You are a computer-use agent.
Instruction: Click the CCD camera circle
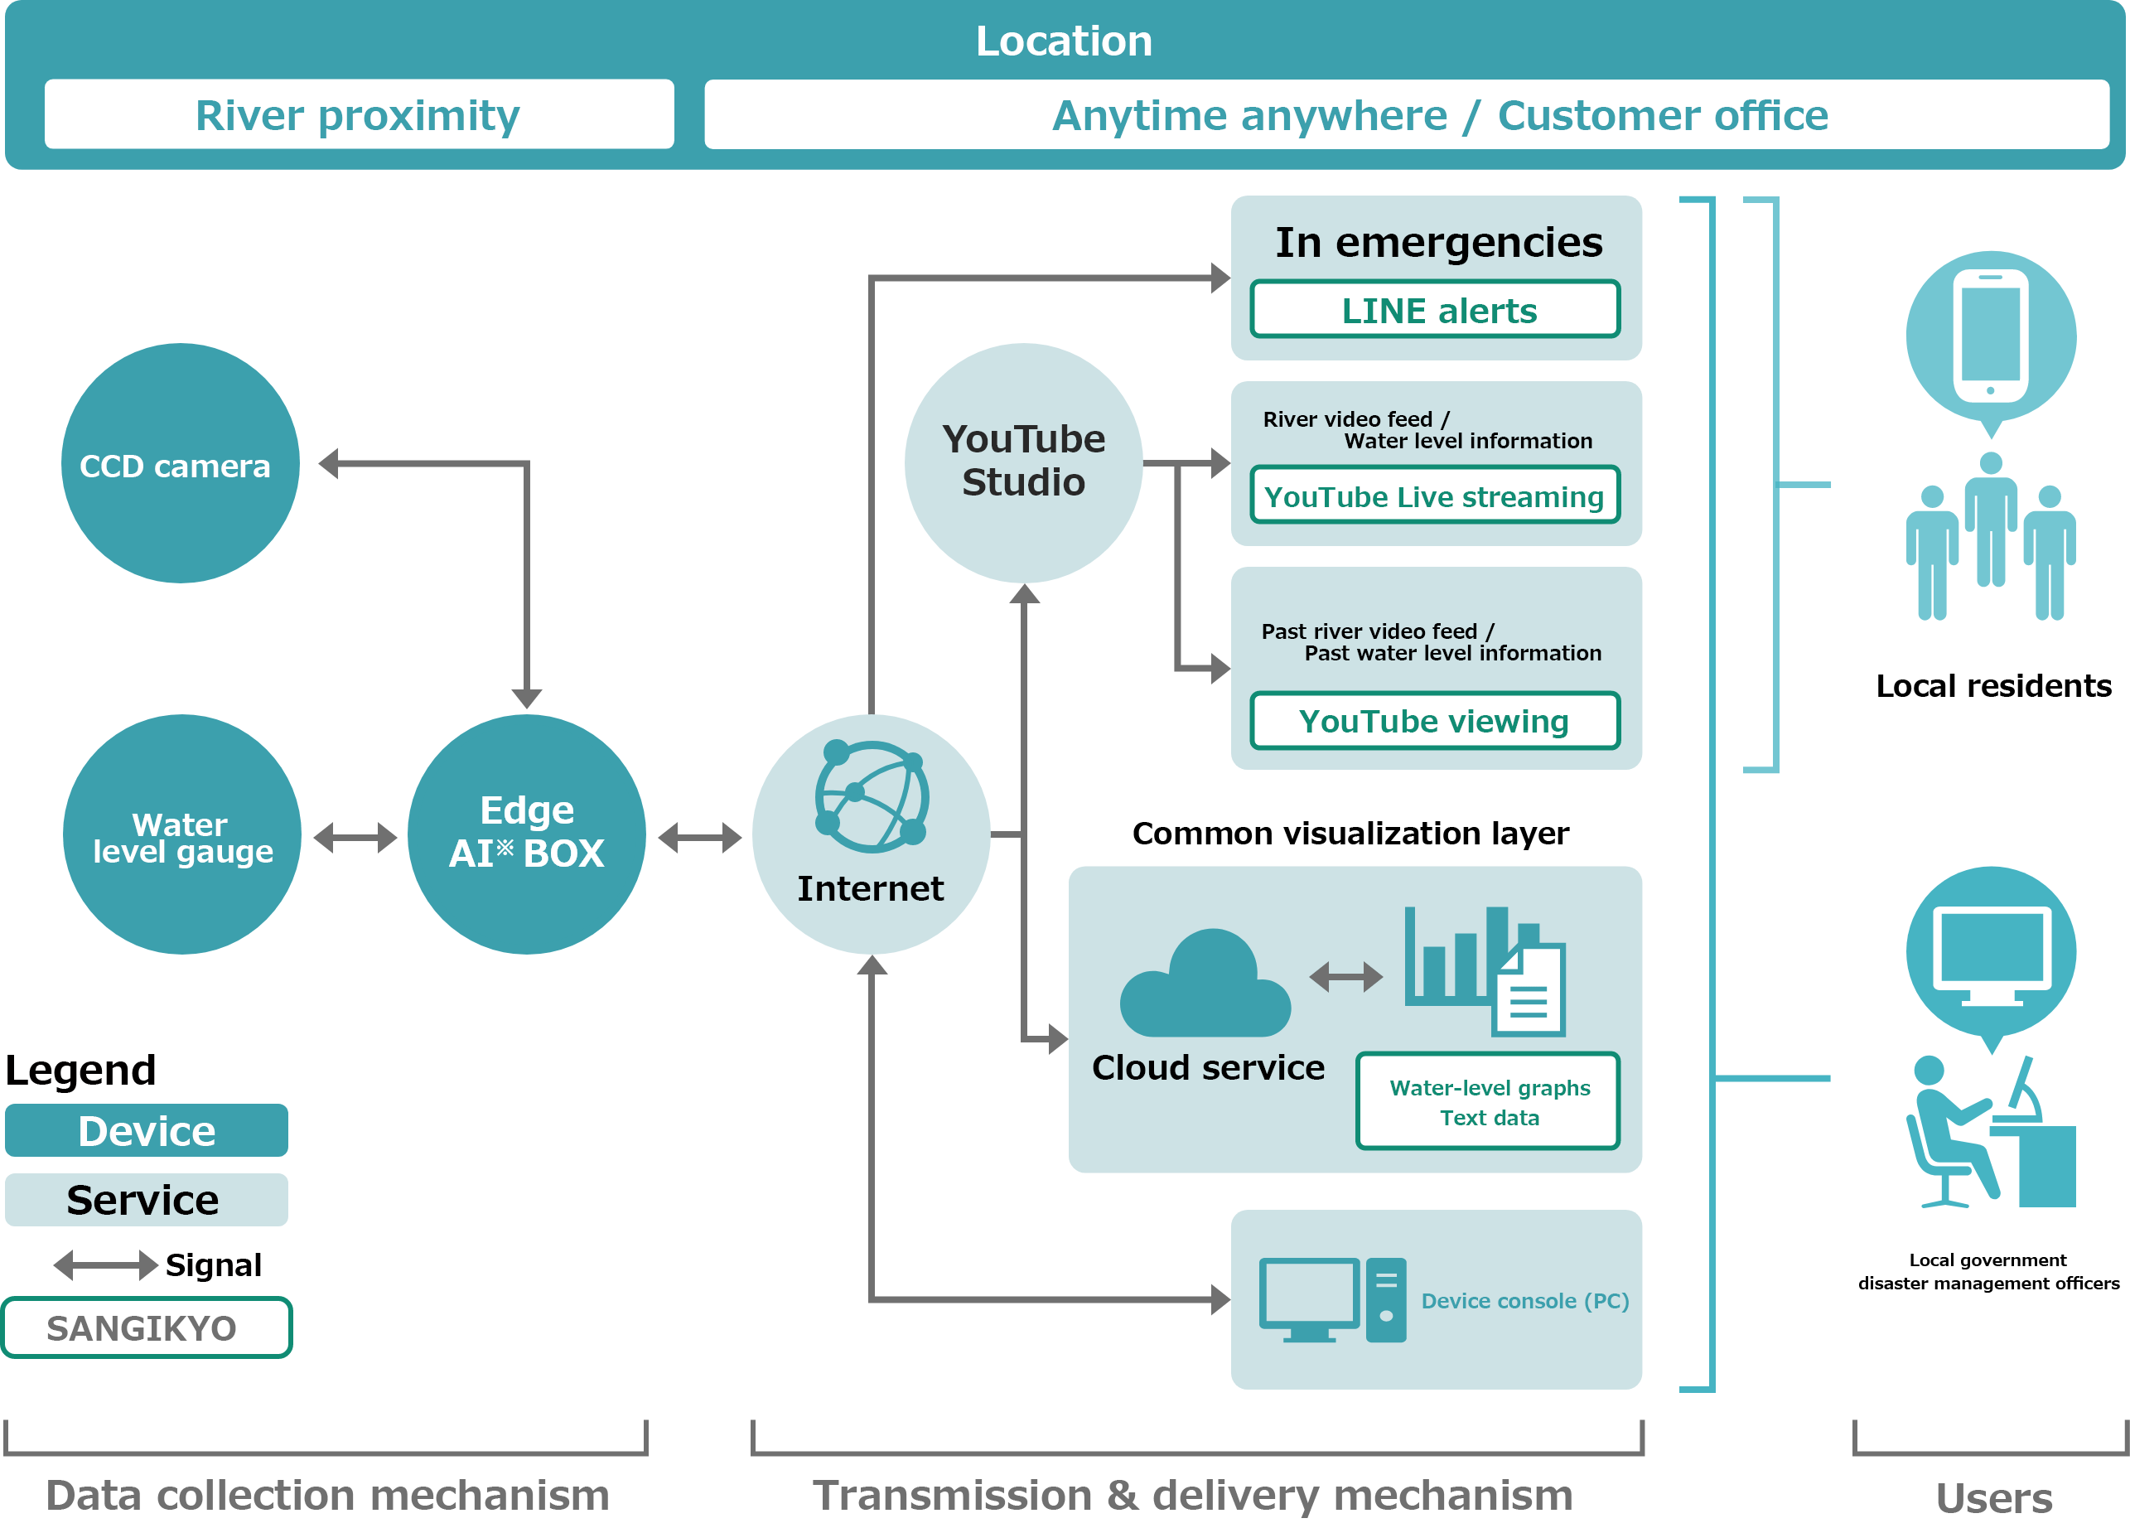click(x=181, y=463)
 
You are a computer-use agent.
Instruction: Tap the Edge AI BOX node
click(x=526, y=834)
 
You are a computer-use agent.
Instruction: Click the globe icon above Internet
click(x=872, y=796)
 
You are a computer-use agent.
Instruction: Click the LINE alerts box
click(x=1435, y=309)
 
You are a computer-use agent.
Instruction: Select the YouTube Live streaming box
click(x=1435, y=495)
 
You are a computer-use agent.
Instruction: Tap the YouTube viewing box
click(x=1435, y=720)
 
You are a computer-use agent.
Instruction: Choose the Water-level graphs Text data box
click(x=1489, y=1101)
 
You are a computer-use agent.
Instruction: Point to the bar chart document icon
click(x=1484, y=970)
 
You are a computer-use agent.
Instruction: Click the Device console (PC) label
click(x=1524, y=1300)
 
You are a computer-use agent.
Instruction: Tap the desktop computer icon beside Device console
click(x=1331, y=1300)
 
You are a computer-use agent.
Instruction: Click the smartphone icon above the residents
click(x=1990, y=336)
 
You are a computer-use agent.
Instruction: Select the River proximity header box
click(x=359, y=114)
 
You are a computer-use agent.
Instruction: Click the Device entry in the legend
click(x=147, y=1131)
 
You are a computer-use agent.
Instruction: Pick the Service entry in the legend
click(x=147, y=1199)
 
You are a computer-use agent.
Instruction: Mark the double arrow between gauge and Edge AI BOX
click(x=355, y=837)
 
